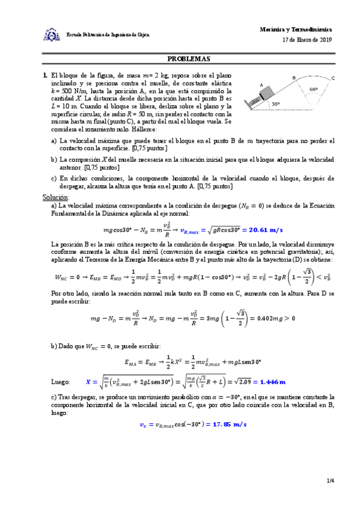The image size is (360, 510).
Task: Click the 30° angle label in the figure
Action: click(x=275, y=103)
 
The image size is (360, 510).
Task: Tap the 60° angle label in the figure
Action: click(x=313, y=89)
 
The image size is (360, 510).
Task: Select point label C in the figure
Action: click(x=333, y=78)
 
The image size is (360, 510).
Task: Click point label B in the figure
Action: click(x=294, y=78)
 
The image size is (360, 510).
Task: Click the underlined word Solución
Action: click(x=55, y=197)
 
